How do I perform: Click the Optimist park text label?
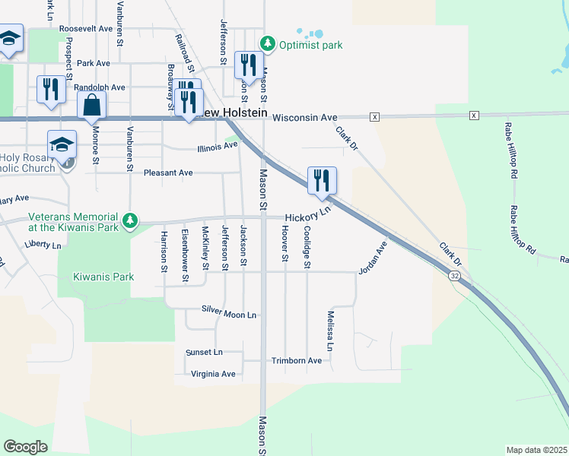point(310,45)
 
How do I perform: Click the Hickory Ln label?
point(309,214)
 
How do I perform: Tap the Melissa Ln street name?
point(331,331)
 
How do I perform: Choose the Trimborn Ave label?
point(297,360)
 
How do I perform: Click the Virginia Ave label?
point(213,374)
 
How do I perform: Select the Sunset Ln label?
point(204,353)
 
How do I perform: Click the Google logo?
point(25,447)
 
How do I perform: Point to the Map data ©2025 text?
point(536,450)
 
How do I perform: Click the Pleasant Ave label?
point(168,173)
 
